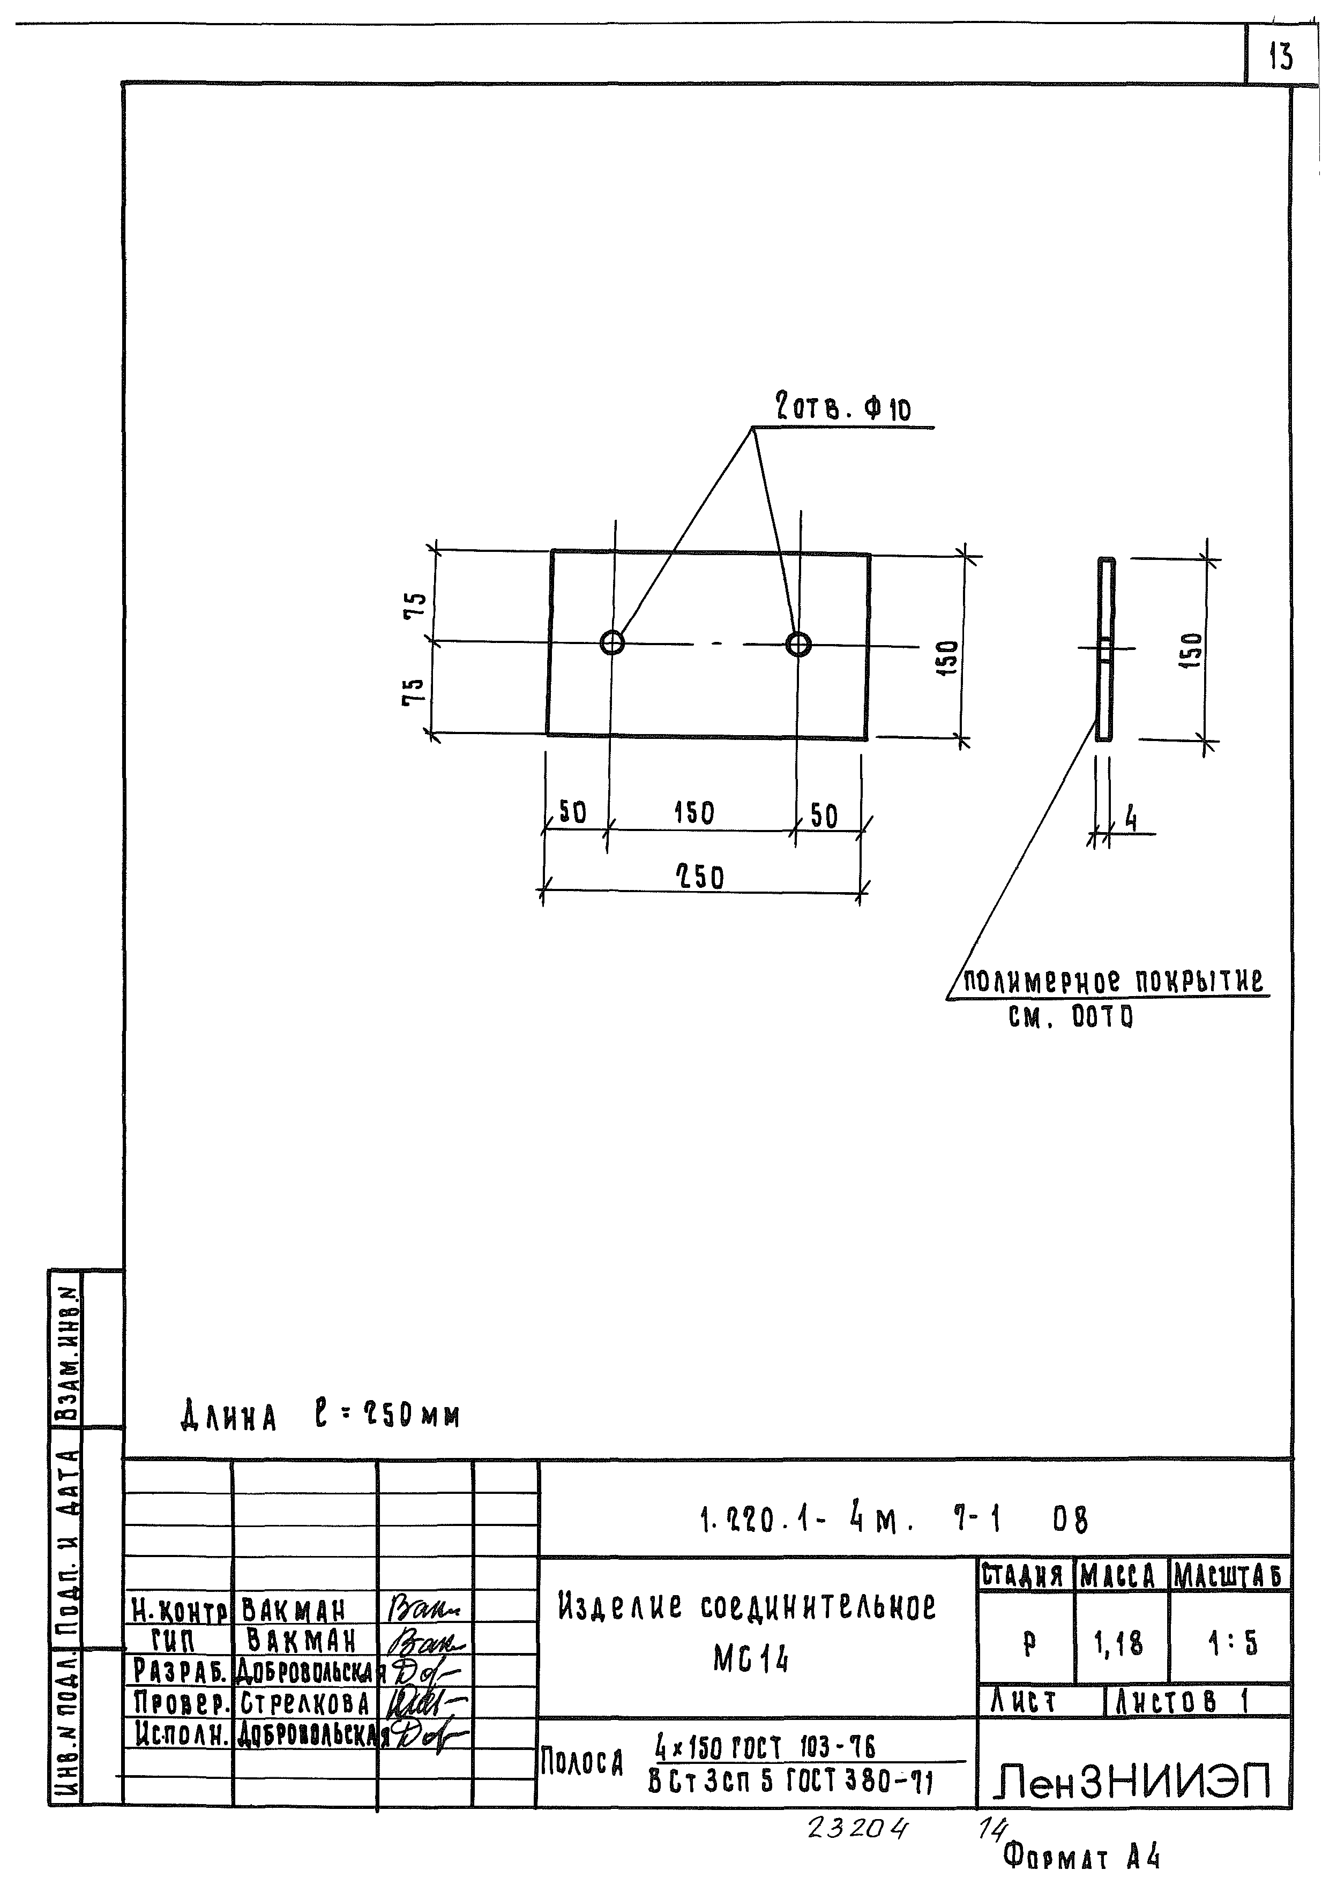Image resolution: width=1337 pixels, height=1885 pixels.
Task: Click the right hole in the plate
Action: coord(798,644)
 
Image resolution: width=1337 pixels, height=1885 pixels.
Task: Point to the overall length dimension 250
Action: coord(700,878)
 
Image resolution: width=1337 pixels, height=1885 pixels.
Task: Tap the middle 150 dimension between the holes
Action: coord(694,813)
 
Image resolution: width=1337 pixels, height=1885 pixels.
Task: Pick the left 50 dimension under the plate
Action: coord(572,813)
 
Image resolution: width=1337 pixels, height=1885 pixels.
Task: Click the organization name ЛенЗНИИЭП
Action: coord(1134,1781)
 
